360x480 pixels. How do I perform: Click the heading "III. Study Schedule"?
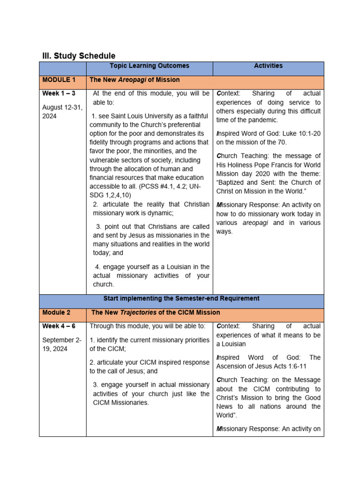(79, 56)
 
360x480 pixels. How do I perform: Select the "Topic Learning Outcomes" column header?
(150, 66)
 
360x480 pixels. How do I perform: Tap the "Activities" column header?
(268, 66)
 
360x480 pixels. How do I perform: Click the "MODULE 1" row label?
(59, 80)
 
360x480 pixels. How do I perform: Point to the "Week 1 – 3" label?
(59, 94)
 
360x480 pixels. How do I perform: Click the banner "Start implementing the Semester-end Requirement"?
(181, 299)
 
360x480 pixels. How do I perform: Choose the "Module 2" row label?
(56, 312)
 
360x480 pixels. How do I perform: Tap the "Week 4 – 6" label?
(59, 326)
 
